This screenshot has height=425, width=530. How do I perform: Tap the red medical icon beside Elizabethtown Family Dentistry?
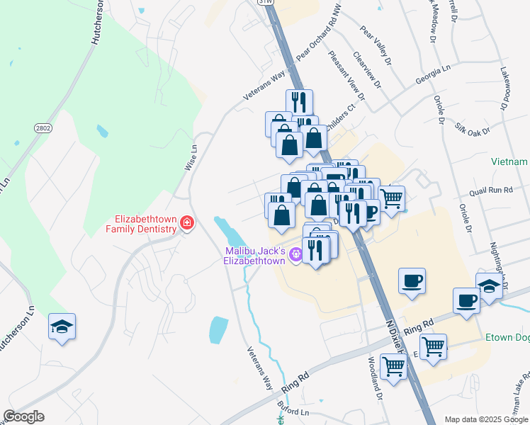click(187, 224)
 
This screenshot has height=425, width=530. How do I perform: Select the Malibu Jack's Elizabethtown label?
click(255, 256)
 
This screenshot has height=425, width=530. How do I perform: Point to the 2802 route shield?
click(43, 127)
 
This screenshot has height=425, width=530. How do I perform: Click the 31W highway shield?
click(264, 2)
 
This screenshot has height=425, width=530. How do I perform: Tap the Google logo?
click(23, 416)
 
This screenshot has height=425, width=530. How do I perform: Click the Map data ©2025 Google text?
click(486, 419)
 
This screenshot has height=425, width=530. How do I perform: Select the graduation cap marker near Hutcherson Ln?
click(62, 327)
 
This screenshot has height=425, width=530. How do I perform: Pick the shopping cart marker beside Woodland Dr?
click(393, 366)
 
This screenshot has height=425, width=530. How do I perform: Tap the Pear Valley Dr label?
click(376, 47)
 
